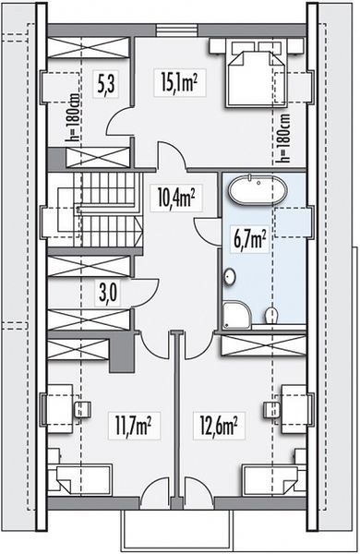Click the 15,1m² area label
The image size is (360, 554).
click(x=179, y=82)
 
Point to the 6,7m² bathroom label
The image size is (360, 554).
click(x=249, y=238)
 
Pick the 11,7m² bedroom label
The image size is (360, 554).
click(x=133, y=425)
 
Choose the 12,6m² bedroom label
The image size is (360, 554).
click(x=218, y=425)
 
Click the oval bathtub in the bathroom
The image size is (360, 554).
click(x=258, y=189)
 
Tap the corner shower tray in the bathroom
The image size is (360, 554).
click(x=237, y=315)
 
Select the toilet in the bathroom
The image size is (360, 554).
click(x=271, y=314)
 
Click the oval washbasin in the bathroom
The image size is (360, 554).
click(x=230, y=276)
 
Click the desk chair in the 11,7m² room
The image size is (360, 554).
click(x=82, y=410)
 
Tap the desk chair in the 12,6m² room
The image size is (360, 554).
click(x=272, y=410)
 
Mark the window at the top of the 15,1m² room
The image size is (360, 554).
click(x=176, y=30)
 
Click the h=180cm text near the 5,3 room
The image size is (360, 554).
click(x=74, y=117)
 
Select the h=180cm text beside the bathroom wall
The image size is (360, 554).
click(x=284, y=138)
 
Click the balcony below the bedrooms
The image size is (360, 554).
click(x=176, y=530)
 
